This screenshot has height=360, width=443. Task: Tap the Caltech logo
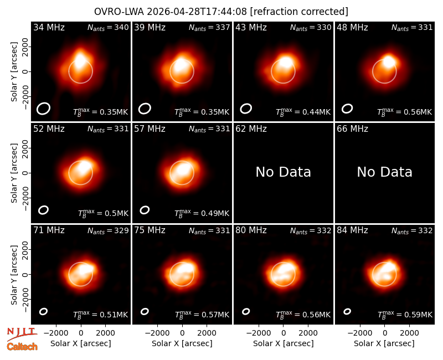[x=22, y=347]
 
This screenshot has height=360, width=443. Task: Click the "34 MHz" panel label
[x=49, y=27]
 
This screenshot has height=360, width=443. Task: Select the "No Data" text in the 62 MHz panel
[x=283, y=172]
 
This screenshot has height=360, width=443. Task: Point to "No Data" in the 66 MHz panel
[x=384, y=172]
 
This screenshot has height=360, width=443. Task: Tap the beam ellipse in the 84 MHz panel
[x=347, y=311]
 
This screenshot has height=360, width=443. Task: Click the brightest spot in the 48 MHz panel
[x=389, y=61]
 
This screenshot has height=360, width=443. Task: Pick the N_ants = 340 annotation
[x=108, y=27]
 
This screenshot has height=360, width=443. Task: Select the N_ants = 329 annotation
[x=108, y=230]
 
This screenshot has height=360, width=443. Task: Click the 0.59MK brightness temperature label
[x=405, y=314]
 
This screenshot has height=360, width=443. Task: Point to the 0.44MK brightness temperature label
[x=303, y=111]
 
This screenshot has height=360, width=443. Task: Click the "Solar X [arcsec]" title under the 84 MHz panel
[x=384, y=343]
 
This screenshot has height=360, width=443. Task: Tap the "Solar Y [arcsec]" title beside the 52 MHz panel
[x=14, y=173]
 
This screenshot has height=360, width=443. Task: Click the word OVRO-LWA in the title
[x=119, y=12]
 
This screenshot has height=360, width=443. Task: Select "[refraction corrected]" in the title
[x=299, y=12]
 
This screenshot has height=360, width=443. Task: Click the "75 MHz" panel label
[x=150, y=230]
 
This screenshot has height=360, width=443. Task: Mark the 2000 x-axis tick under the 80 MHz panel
[x=308, y=333]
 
